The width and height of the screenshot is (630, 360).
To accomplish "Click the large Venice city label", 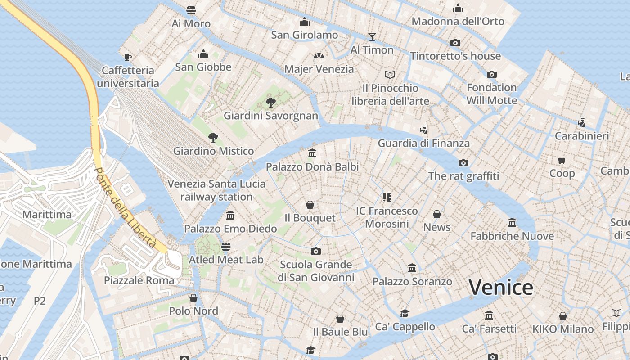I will pyautogui.click(x=501, y=287).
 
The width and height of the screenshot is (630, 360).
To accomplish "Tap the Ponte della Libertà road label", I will pyautogui.click(x=125, y=208).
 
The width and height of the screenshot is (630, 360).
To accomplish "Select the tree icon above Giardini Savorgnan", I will pyautogui.click(x=270, y=103).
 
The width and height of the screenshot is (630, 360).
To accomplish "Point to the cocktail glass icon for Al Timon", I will pyautogui.click(x=372, y=36).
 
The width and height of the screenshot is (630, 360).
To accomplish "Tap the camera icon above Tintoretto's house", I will pyautogui.click(x=455, y=43).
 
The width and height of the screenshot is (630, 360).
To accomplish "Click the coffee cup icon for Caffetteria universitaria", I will pyautogui.click(x=128, y=57).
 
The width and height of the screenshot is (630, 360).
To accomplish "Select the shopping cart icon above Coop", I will pyautogui.click(x=562, y=160).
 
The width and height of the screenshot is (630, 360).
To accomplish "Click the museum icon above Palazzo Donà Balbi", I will pyautogui.click(x=312, y=153).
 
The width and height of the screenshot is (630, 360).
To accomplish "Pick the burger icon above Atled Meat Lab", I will pyautogui.click(x=226, y=246).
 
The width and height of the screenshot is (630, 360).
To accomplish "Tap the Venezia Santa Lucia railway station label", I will pyautogui.click(x=216, y=190).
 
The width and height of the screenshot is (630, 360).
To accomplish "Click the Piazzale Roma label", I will pyautogui.click(x=139, y=280).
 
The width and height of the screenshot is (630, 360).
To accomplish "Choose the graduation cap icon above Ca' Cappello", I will pyautogui.click(x=405, y=313).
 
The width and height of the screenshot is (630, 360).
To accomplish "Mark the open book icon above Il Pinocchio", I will pyautogui.click(x=390, y=75).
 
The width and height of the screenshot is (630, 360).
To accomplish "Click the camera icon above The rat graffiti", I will pyautogui.click(x=463, y=163).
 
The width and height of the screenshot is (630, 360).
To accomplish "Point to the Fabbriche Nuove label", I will pyautogui.click(x=512, y=236).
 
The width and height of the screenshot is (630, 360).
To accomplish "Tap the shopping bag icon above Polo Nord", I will pyautogui.click(x=193, y=298).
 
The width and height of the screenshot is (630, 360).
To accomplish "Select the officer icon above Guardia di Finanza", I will pyautogui.click(x=423, y=130).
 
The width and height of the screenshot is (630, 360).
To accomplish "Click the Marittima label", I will pyautogui.click(x=47, y=215).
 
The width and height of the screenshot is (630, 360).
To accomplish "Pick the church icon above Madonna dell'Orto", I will pyautogui.click(x=458, y=8).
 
